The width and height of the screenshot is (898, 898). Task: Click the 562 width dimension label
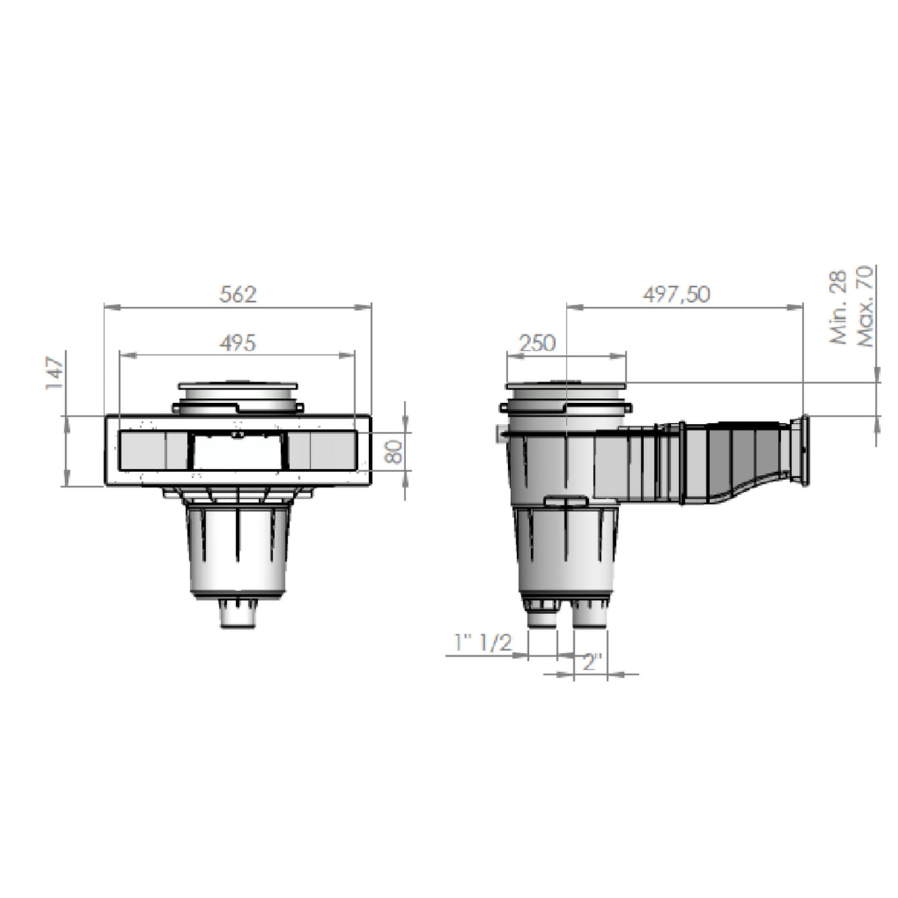click(x=237, y=294)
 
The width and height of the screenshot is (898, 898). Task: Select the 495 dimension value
click(x=237, y=343)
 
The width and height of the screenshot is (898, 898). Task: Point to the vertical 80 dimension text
click(x=396, y=450)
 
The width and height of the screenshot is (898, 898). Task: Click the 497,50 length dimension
click(x=676, y=294)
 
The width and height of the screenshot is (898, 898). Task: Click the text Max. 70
click(x=864, y=306)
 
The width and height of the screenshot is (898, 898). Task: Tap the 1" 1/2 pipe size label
click(x=483, y=643)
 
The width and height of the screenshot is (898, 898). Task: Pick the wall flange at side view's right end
click(x=800, y=451)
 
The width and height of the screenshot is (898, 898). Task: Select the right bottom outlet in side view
click(x=590, y=615)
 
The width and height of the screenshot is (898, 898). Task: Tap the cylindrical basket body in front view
click(x=237, y=551)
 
